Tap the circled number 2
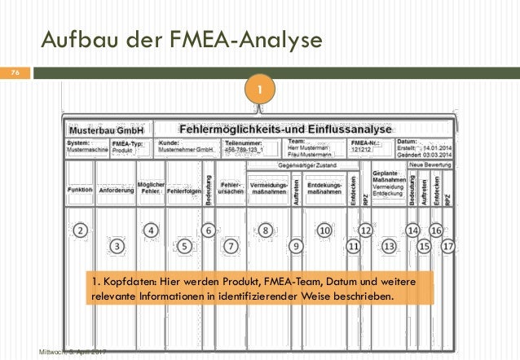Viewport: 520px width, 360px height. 81,230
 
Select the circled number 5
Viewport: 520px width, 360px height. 186,244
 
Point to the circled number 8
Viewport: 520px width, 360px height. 267,230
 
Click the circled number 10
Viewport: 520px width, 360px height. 324,230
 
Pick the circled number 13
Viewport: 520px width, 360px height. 389,244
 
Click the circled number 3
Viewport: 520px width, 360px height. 118,244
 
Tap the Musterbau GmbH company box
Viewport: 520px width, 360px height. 106,130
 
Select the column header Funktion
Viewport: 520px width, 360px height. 79,191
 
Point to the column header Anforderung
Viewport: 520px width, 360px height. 117,191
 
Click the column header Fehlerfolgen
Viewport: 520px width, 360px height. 184,191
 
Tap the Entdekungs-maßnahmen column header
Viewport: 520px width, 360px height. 324,188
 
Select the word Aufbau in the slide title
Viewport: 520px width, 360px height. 70,38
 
